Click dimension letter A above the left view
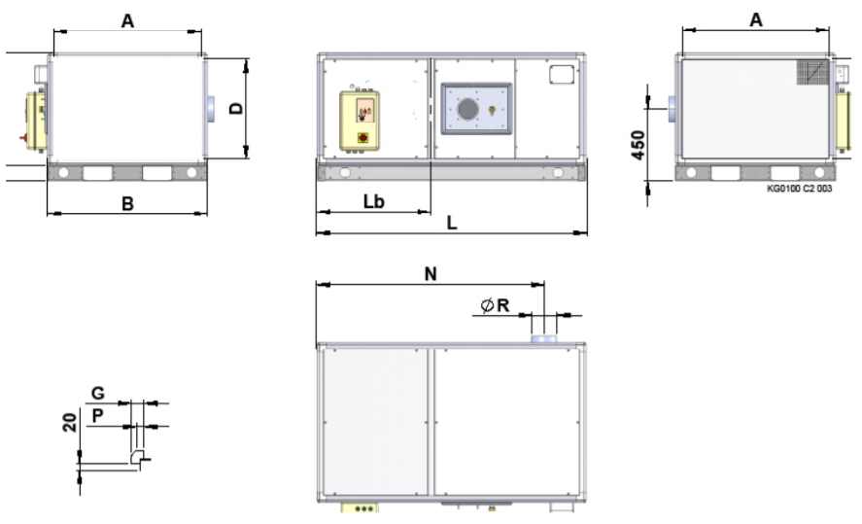tap(127, 20)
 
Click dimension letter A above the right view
tap(756, 19)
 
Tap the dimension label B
tap(127, 204)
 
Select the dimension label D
tap(236, 108)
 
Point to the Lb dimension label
tap(374, 202)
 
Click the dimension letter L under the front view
tap(451, 223)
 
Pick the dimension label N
tap(431, 274)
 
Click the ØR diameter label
tap(495, 305)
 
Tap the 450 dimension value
tap(638, 145)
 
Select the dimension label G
tap(97, 393)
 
